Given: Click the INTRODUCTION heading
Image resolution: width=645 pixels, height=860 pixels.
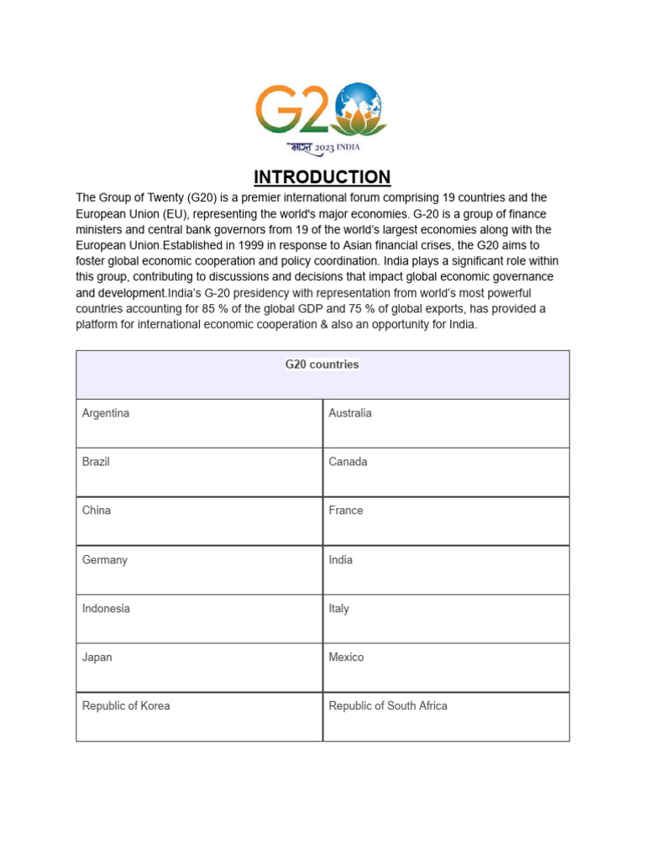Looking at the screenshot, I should click(x=322, y=177).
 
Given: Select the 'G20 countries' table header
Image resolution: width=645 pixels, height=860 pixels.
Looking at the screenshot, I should click(x=322, y=364).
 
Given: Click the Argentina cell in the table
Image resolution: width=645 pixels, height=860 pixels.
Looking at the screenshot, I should click(x=106, y=413).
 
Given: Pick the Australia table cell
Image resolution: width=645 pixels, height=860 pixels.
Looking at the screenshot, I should click(x=350, y=413).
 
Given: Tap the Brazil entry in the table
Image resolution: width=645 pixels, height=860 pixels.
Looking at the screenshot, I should click(x=96, y=462).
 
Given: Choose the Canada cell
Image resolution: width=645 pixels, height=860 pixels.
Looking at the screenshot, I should click(x=348, y=462).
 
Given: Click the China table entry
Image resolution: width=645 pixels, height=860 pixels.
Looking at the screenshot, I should click(x=97, y=511).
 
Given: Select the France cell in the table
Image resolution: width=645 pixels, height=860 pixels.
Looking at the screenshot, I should click(x=346, y=511).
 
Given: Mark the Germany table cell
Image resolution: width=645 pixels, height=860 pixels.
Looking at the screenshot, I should click(x=105, y=559).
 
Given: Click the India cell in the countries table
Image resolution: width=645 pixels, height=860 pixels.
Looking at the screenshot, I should click(x=341, y=559).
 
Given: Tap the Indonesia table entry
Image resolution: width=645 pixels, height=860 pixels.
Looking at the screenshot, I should click(x=106, y=608).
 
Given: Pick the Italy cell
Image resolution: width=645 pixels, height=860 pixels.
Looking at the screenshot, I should click(x=339, y=608).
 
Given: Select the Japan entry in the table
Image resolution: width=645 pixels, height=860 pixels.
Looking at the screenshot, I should click(x=97, y=657).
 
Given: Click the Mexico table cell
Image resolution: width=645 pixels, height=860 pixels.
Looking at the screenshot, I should click(x=346, y=657).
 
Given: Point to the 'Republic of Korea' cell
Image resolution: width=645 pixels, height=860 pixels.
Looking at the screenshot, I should click(x=126, y=705).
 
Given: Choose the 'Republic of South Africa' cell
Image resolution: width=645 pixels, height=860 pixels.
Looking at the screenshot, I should click(x=388, y=705).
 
